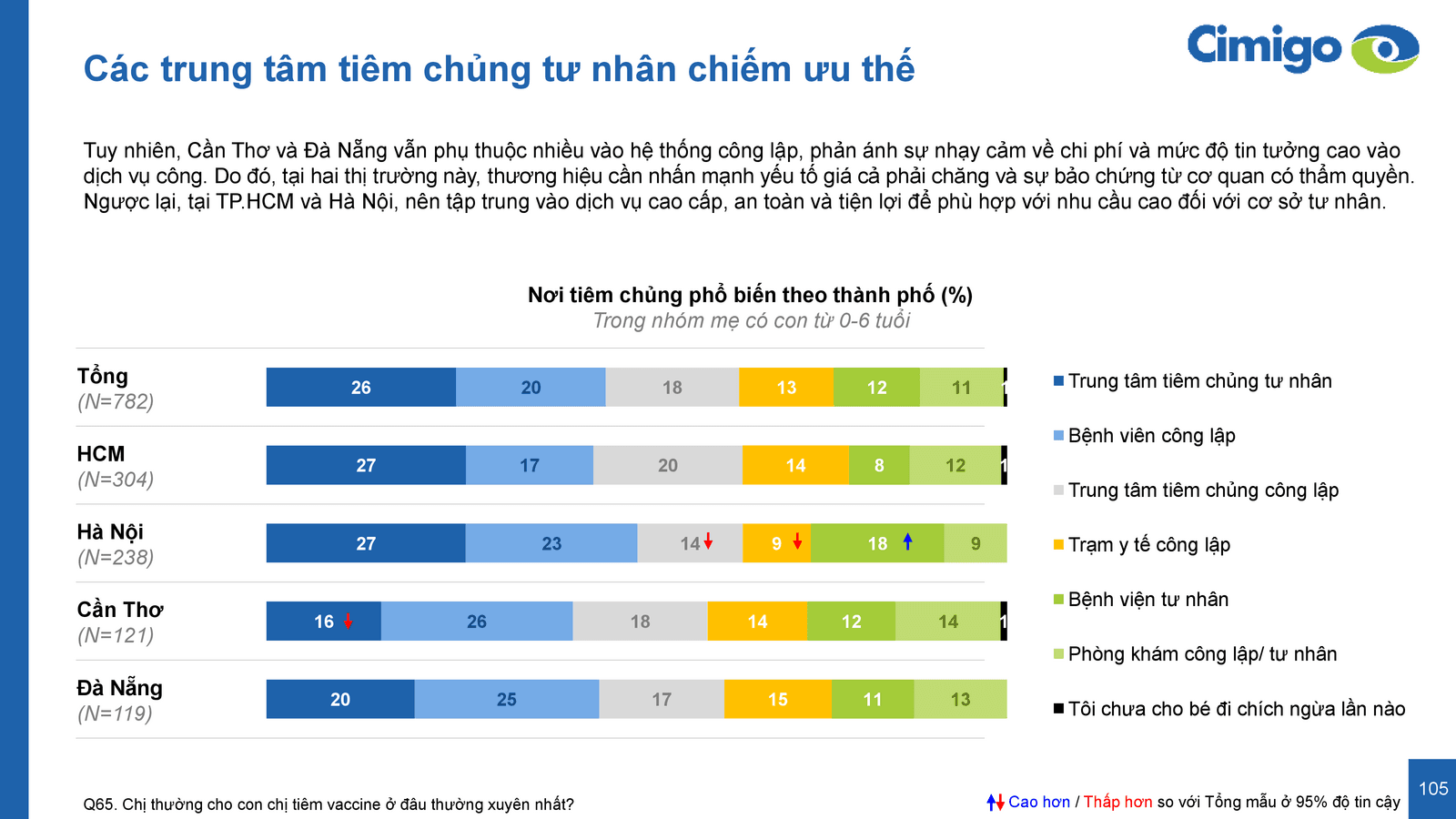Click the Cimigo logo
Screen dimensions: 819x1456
[1301, 47]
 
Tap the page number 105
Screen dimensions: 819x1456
[1432, 789]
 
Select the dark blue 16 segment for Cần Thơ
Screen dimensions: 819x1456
[323, 622]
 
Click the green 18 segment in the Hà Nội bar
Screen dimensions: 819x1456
[877, 543]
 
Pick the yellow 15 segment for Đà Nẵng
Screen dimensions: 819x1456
[777, 700]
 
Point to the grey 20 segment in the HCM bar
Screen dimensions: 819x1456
[668, 466]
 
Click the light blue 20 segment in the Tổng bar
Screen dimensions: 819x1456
[531, 388]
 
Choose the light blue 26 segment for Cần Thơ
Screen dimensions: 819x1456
[477, 622]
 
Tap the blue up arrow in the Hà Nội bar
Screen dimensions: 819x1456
[907, 541]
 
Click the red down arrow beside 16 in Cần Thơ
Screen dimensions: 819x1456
[348, 622]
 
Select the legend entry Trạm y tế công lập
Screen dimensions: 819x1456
[1148, 545]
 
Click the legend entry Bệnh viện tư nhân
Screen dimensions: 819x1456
[1148, 600]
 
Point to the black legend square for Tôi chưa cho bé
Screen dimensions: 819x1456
[1058, 708]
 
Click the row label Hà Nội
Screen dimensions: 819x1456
[110, 531]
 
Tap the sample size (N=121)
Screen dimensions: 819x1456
[116, 635]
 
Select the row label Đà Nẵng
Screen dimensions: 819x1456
[119, 688]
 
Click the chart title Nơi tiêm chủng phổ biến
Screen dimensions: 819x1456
[750, 295]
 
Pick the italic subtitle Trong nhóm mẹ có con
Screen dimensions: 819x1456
[751, 320]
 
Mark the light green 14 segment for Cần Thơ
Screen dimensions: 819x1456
[947, 622]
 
